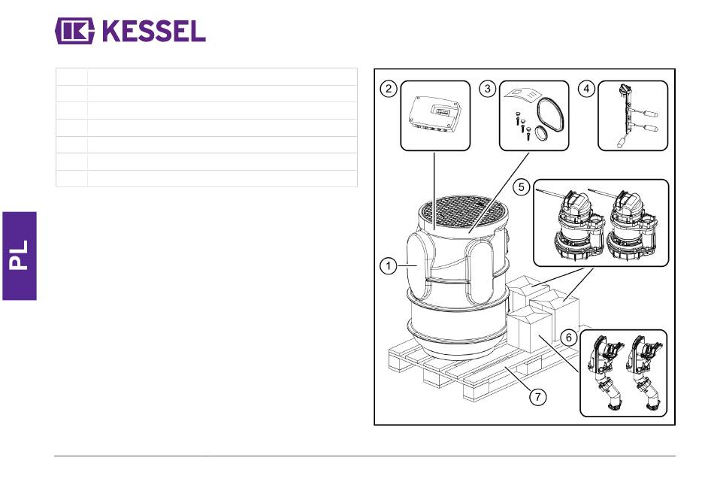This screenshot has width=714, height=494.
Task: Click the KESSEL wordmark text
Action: pos(154,31)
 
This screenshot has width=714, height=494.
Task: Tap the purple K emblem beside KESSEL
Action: pos(74,31)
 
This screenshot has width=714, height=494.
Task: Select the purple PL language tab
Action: pos(20,256)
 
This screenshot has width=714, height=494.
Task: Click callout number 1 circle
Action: pos(389,265)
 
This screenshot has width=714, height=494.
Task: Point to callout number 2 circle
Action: pos(389,89)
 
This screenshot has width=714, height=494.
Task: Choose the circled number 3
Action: pos(488,89)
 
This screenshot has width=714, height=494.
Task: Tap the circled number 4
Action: pos(586,89)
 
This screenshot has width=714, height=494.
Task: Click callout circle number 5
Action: pos(522,186)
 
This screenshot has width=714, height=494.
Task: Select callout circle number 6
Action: pos(569,338)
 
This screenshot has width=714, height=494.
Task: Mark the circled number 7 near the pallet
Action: pos(538,396)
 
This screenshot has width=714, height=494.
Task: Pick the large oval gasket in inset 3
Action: pos(551,117)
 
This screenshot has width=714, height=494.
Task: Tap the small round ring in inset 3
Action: pos(541,135)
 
